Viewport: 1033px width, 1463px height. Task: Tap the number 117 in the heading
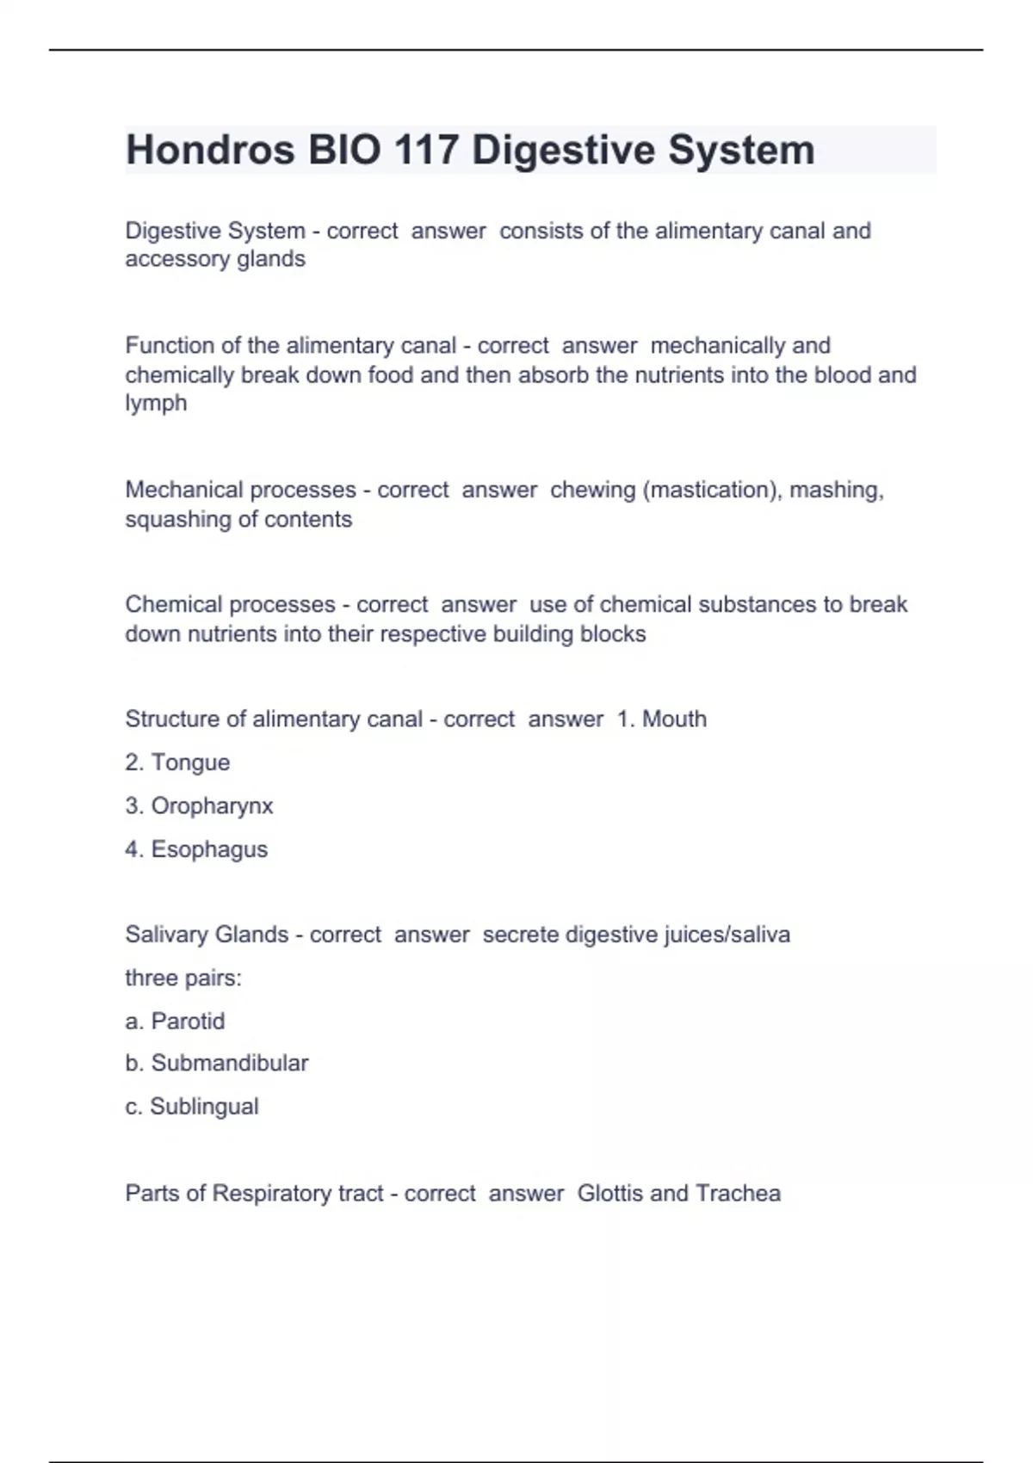(426, 150)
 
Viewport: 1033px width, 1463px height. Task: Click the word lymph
(156, 404)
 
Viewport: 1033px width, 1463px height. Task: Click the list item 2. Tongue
(177, 762)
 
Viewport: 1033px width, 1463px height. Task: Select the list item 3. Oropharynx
(199, 806)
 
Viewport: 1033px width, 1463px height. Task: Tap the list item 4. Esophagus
(196, 849)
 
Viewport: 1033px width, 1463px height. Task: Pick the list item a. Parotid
(175, 1021)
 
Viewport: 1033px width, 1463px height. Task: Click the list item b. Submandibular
(216, 1063)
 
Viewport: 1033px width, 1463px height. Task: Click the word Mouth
(674, 719)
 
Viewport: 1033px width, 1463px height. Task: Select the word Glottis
(609, 1193)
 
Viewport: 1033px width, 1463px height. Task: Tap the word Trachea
(738, 1193)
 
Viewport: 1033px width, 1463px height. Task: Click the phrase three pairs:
(183, 978)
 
